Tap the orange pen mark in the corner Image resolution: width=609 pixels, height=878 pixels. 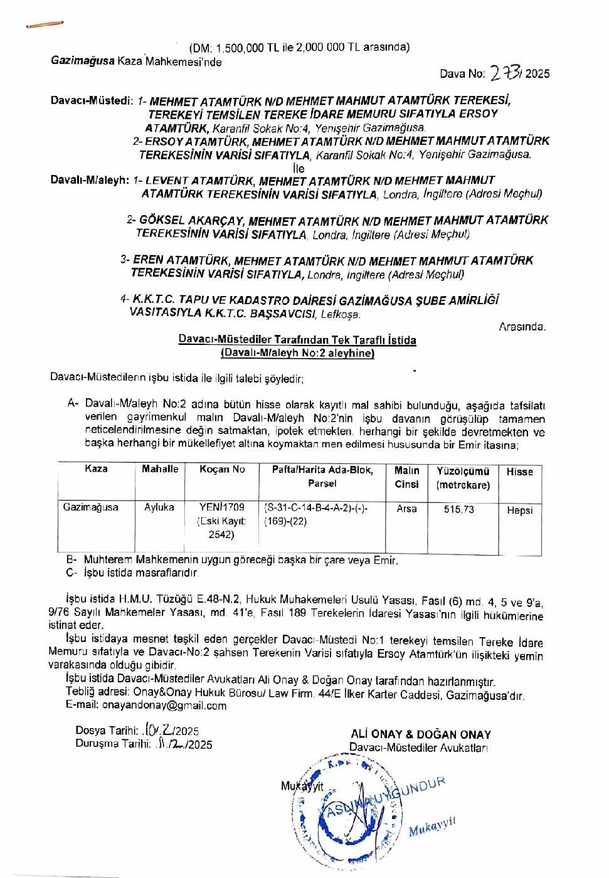[x=45, y=25]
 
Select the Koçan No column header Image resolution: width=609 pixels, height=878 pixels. [x=222, y=470]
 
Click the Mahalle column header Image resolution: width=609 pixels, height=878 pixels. [x=160, y=469]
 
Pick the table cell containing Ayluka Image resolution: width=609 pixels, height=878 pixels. [x=159, y=507]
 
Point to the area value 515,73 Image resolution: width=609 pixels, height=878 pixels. [x=459, y=510]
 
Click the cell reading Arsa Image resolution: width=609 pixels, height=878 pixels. [x=406, y=509]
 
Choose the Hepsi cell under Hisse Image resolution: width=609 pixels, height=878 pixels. [x=519, y=510]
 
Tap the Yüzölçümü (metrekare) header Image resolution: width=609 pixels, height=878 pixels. [x=463, y=478]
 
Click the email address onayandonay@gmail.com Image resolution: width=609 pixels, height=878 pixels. [x=146, y=706]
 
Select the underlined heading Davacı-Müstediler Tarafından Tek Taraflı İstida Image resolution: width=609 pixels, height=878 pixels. [x=297, y=340]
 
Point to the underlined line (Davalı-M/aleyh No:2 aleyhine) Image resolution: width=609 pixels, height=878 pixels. [x=297, y=353]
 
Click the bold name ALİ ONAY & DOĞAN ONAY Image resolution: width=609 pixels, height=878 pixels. [x=421, y=734]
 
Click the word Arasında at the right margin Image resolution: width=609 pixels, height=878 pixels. [x=522, y=327]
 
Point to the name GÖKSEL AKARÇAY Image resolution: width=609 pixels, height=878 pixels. [x=191, y=221]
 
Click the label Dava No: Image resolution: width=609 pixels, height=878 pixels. [x=462, y=74]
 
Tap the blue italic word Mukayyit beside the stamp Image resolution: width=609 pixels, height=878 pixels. [x=432, y=828]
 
